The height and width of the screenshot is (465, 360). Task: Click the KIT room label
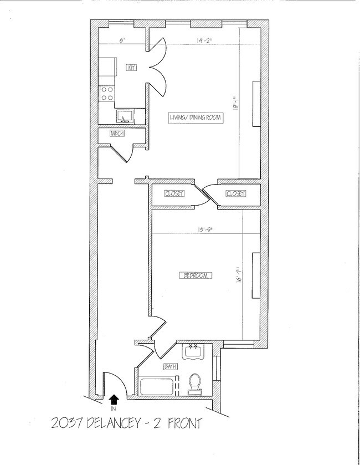point(132,68)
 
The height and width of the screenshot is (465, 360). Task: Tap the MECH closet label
point(117,134)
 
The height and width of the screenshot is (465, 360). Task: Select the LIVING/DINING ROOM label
point(196,117)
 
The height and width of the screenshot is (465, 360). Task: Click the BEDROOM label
point(196,275)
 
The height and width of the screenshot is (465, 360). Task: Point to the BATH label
point(171,367)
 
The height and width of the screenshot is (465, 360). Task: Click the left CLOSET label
point(174,193)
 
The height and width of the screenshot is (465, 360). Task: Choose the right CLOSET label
point(235,193)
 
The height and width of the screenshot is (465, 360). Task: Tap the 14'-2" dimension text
point(205,40)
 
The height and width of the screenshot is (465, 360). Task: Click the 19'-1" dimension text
point(235,103)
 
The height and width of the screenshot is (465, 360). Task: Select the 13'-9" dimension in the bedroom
point(205,229)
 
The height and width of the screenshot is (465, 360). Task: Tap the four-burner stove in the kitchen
point(107,94)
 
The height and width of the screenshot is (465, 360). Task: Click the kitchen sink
point(125,116)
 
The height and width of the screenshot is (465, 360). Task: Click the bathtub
point(156,386)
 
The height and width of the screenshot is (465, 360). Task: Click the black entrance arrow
point(114,400)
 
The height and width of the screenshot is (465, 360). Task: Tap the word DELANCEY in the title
point(113,423)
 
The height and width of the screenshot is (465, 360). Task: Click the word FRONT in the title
point(185,423)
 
